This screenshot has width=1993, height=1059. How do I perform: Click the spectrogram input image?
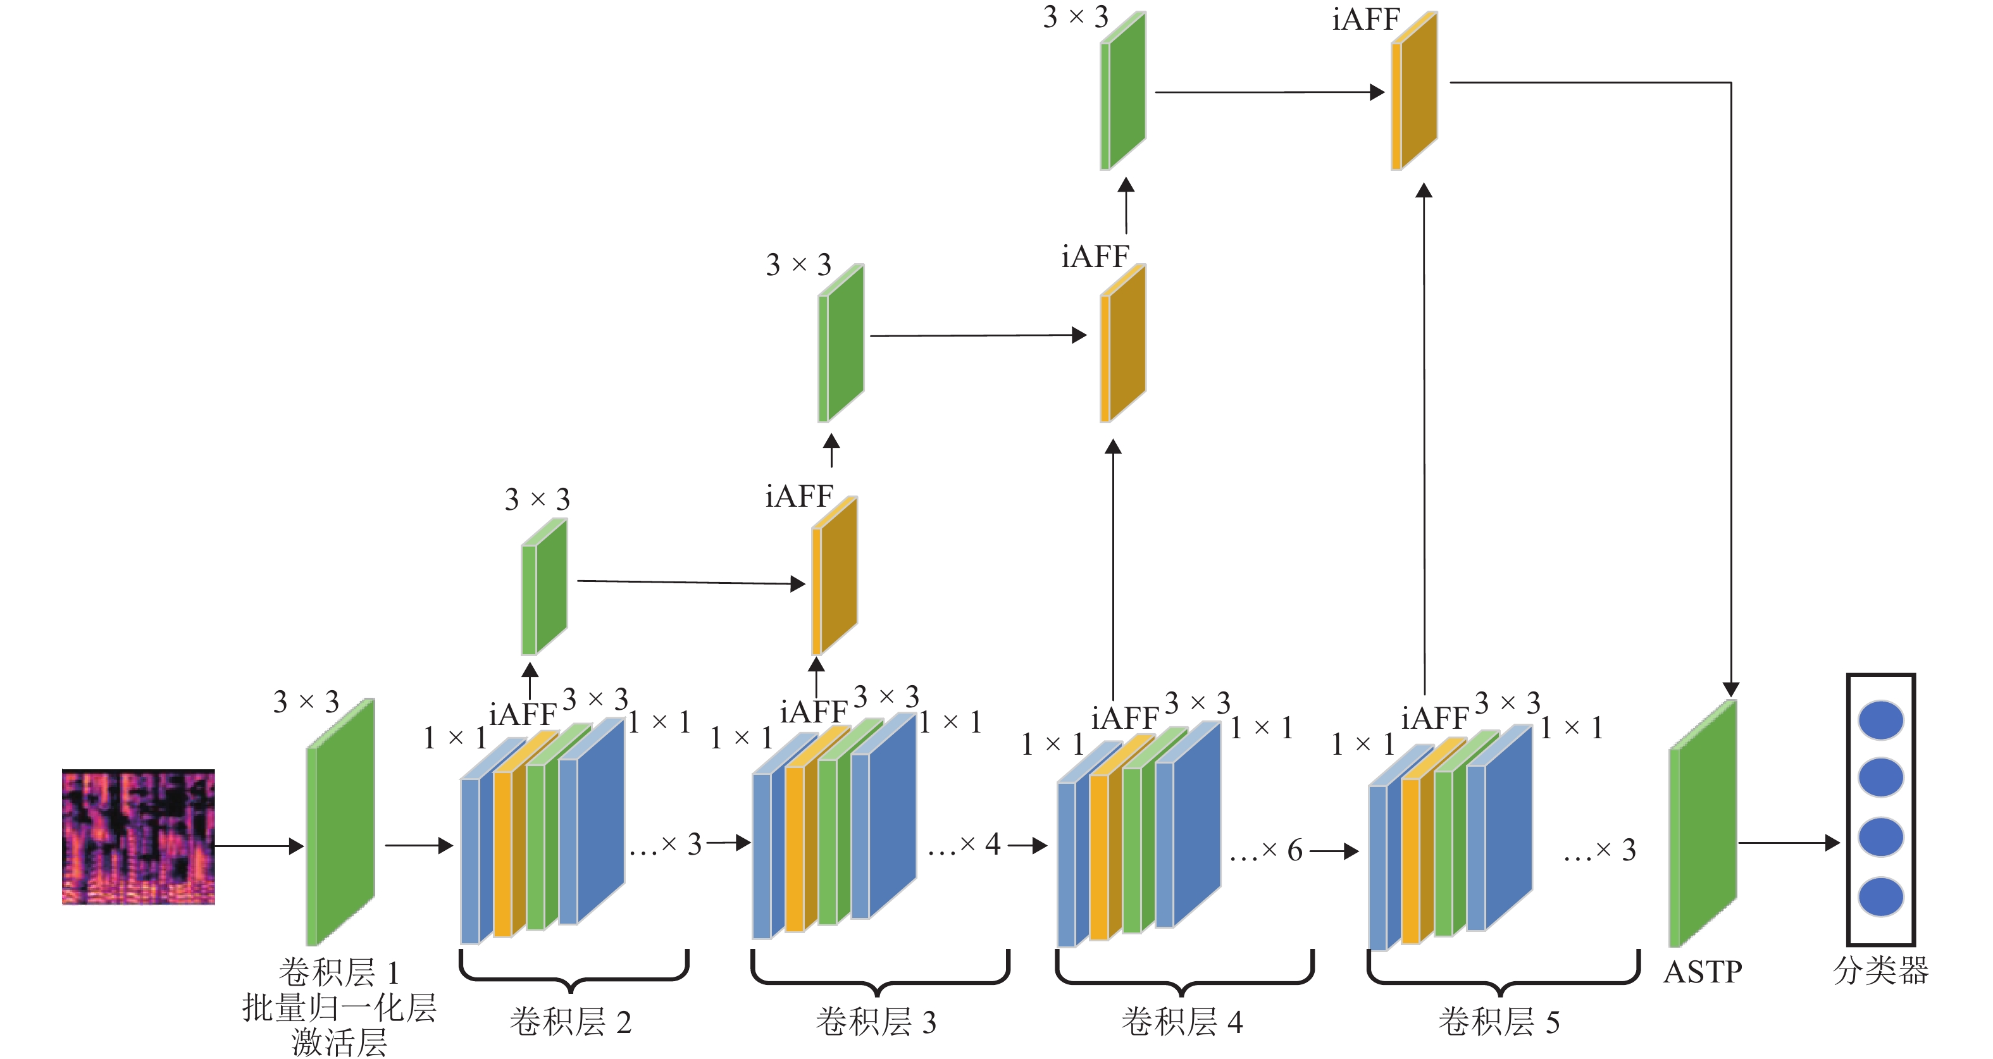coord(139,836)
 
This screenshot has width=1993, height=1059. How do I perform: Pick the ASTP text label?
coord(1703,972)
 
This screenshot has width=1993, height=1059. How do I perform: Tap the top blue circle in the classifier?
coord(1881,720)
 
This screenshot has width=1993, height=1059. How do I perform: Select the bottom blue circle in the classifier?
coord(1881,896)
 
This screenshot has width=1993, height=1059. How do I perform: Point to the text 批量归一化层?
coord(339,1008)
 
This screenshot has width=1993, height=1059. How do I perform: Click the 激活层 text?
coord(339,1043)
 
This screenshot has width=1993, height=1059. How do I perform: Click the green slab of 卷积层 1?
coord(341,822)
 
